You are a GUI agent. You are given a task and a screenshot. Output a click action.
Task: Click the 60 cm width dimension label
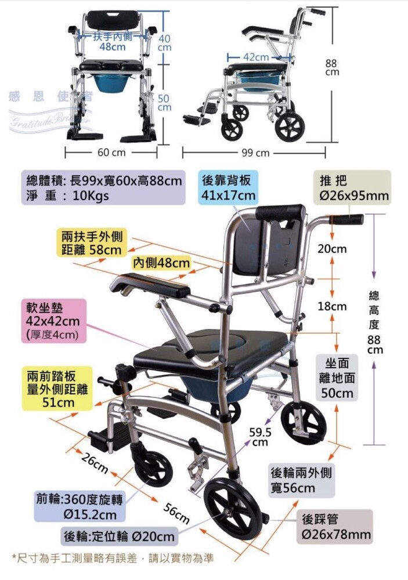point(111,153)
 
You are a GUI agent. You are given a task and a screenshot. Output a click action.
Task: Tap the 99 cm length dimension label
point(256,153)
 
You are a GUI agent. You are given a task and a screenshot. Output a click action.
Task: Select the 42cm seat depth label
point(256,57)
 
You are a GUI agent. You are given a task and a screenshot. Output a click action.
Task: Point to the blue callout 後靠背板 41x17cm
point(229,188)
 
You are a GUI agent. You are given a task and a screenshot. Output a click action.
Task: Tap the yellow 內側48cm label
point(161,263)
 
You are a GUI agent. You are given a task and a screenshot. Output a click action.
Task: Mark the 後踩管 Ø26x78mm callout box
point(334,526)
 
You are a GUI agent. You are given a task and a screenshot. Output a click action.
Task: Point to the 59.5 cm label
point(260,437)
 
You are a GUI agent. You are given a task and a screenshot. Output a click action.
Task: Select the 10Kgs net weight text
point(91,196)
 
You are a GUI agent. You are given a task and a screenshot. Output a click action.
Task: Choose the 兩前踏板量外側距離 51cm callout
point(57,387)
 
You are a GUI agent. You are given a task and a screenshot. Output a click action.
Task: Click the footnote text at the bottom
point(113,559)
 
